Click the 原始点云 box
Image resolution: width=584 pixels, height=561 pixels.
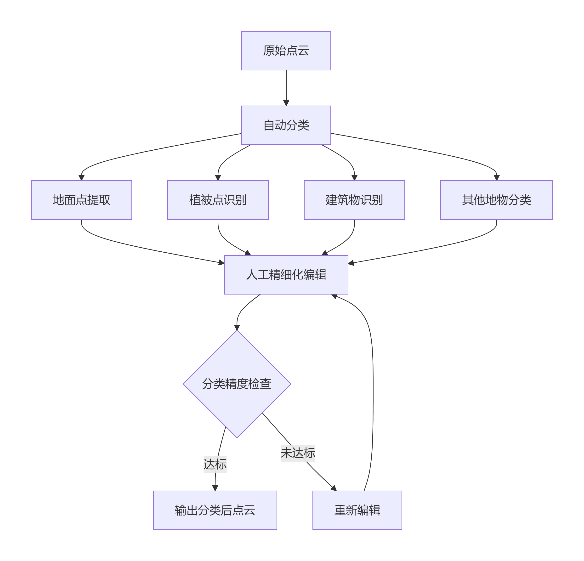pos(286,51)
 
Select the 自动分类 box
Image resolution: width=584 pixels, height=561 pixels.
pos(286,125)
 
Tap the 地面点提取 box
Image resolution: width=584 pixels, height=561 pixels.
pos(81,200)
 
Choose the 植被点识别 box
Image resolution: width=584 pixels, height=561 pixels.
pos(218,200)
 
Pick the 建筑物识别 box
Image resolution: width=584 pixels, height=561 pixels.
pos(354,200)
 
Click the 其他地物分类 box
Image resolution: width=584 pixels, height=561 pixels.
pos(496,200)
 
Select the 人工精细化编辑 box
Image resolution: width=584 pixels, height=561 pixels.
pos(286,274)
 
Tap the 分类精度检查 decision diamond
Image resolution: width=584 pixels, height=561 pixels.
pos(237,384)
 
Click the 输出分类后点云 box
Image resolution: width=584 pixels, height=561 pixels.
pos(215,510)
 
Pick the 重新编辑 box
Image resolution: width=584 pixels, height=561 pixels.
pos(357,510)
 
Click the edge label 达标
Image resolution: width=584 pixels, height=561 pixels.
pos(215,464)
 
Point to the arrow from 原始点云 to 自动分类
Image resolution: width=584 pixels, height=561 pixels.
pos(286,88)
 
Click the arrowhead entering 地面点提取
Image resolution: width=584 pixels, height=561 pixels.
pos(81,178)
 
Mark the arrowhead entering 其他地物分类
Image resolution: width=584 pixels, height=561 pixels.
pos(496,178)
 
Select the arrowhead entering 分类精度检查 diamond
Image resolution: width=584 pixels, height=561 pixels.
pos(237,327)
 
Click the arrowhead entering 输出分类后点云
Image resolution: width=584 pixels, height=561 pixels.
pos(215,488)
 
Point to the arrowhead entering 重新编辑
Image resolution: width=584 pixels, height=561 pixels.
pos(334,488)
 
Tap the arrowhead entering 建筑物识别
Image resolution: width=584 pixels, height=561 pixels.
pos(354,178)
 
